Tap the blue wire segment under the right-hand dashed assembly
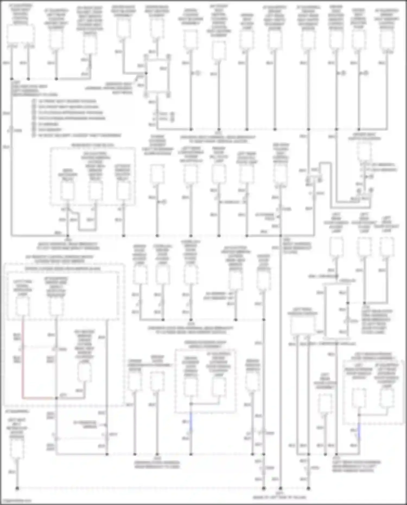click(359, 431)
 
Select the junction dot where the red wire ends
click(56, 398)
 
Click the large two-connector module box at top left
click(20, 34)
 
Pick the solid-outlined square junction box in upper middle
click(157, 76)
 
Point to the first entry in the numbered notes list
click(65, 101)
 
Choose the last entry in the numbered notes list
click(77, 135)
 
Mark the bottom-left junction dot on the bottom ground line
click(17, 488)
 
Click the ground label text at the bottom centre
click(279, 496)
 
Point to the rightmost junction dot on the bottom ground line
click(309, 488)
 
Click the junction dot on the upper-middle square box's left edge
click(146, 73)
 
